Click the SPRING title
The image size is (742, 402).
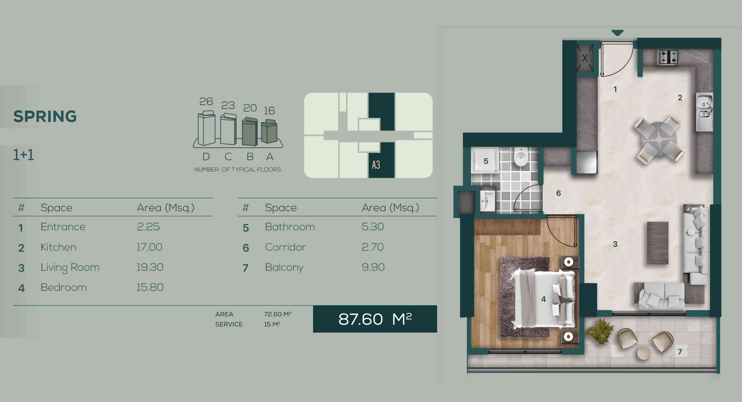pyautogui.click(x=45, y=116)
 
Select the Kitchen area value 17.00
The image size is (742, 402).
pyautogui.click(x=149, y=247)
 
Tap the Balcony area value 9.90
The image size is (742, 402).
pyautogui.click(x=373, y=267)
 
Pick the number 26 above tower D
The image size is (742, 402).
pyautogui.click(x=206, y=101)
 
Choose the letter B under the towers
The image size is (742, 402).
pyautogui.click(x=250, y=157)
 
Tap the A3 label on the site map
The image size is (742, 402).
pyautogui.click(x=376, y=165)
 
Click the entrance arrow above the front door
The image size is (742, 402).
pyautogui.click(x=617, y=33)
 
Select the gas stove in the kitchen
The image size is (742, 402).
pyautogui.click(x=668, y=57)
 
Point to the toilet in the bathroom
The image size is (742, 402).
pyautogui.click(x=520, y=157)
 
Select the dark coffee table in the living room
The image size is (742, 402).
pyautogui.click(x=658, y=243)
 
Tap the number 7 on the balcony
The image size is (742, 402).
pyautogui.click(x=680, y=352)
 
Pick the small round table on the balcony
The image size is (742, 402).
pyautogui.click(x=643, y=353)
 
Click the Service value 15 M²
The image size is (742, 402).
pyautogui.click(x=272, y=324)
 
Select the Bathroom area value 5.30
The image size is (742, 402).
pyautogui.click(x=373, y=227)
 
